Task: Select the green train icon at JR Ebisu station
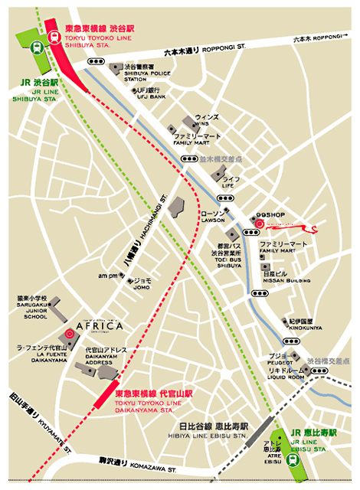click(293, 459)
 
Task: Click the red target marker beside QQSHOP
click(258, 224)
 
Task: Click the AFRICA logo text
click(100, 327)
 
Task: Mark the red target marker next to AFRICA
click(70, 334)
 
